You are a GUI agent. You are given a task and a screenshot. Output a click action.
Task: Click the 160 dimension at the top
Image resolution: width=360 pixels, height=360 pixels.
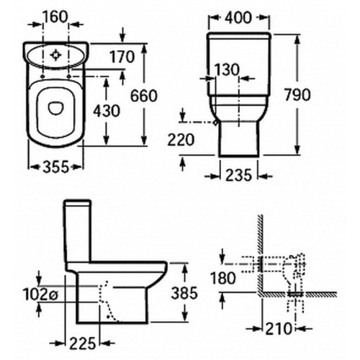click(55, 17)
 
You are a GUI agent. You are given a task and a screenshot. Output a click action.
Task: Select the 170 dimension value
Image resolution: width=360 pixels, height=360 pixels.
click(122, 57)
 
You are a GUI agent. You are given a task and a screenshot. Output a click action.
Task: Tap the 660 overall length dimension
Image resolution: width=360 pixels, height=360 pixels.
click(143, 95)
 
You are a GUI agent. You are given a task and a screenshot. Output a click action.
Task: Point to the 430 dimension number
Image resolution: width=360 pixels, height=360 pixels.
click(107, 111)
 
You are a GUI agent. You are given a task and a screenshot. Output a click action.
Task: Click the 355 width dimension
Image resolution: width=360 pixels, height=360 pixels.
click(56, 167)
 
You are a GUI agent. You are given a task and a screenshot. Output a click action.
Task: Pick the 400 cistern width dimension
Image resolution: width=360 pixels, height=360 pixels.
click(238, 18)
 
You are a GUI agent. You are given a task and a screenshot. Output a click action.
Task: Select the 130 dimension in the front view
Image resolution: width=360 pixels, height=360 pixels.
click(227, 70)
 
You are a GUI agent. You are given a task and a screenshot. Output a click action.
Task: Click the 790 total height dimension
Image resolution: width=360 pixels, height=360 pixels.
click(297, 94)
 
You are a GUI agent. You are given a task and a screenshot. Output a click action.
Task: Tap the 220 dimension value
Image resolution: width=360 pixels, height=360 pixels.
click(181, 140)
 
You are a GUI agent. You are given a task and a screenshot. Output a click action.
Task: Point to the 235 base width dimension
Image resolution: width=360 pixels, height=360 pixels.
click(238, 175)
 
